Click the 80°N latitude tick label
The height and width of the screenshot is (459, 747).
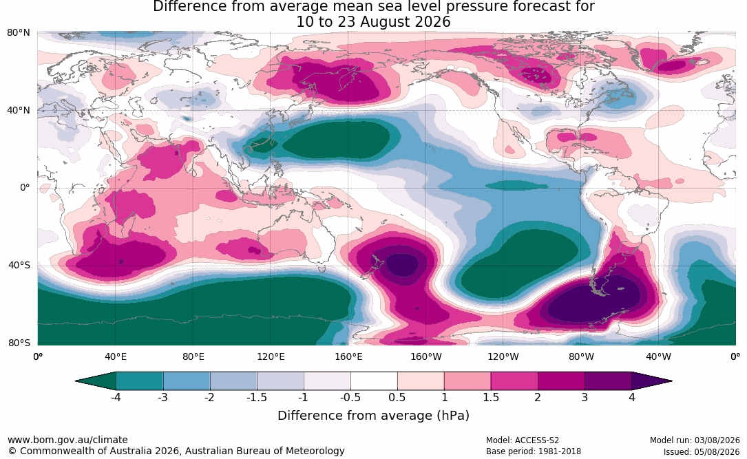pos(18,33)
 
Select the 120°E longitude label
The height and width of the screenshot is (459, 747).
pos(271,356)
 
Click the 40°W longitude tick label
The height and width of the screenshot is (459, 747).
pos(659,356)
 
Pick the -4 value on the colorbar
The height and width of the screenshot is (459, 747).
pos(115,397)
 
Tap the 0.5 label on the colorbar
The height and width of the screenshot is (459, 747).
pos(397,397)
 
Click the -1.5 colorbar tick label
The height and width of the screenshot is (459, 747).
pos(256,397)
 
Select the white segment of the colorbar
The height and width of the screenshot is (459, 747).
pos(374,381)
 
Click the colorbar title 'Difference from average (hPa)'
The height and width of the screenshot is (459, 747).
pos(373,416)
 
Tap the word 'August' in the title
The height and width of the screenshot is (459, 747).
pos(384,23)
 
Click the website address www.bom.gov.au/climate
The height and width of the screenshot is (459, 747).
pos(67,440)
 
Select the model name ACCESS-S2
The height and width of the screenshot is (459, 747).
pos(536,440)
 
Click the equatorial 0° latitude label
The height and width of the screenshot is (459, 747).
pos(25,188)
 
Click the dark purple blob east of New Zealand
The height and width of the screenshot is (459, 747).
pos(403,265)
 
